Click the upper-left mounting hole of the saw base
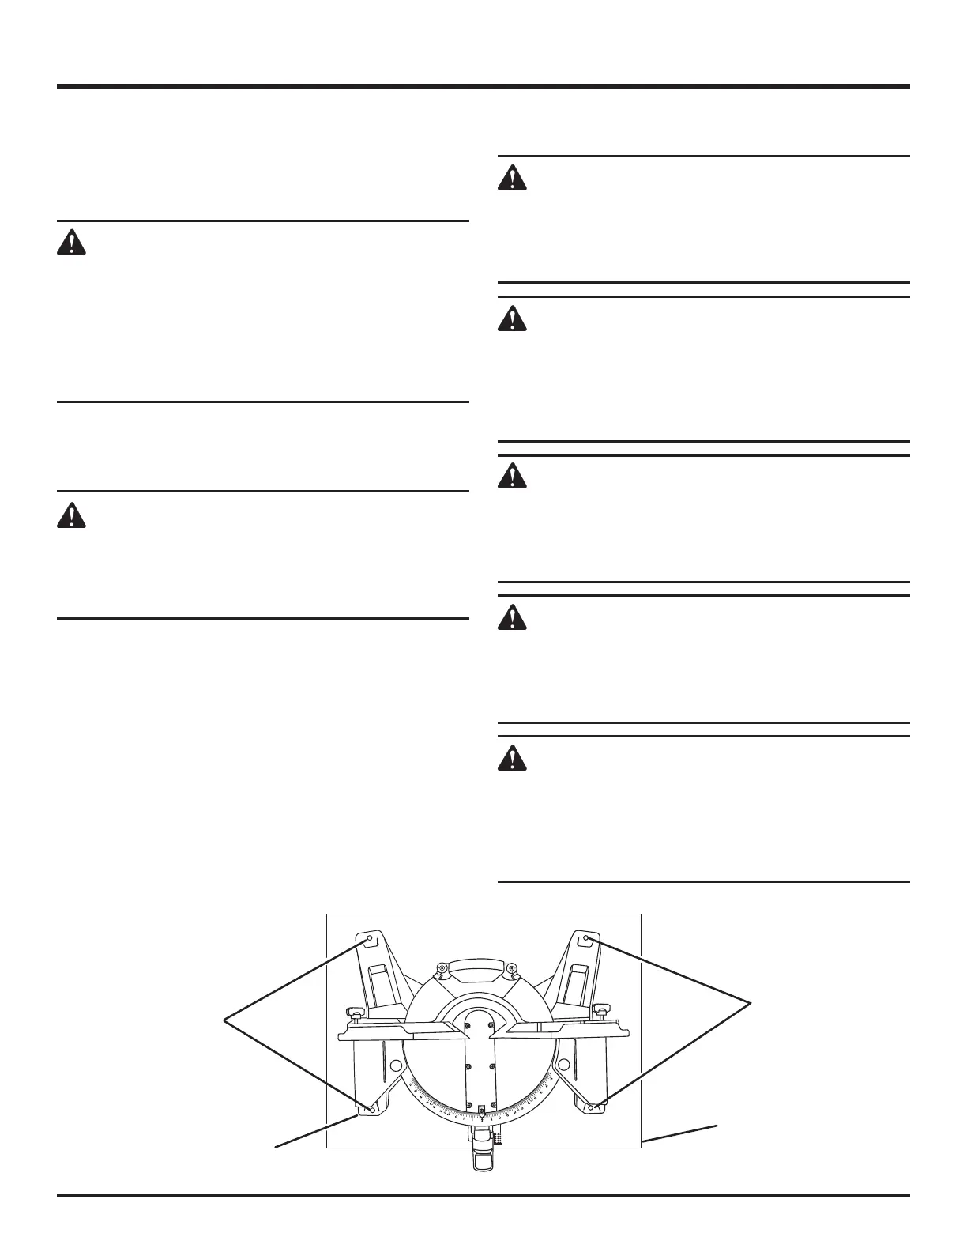(x=369, y=939)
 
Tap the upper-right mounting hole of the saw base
(x=587, y=939)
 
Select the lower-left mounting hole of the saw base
(x=371, y=1109)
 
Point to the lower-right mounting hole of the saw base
(x=591, y=1108)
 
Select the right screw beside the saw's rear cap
(x=511, y=968)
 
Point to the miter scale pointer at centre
(x=482, y=1114)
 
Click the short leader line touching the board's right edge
(x=679, y=1132)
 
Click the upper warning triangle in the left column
(x=71, y=242)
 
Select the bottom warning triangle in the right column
(x=513, y=758)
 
